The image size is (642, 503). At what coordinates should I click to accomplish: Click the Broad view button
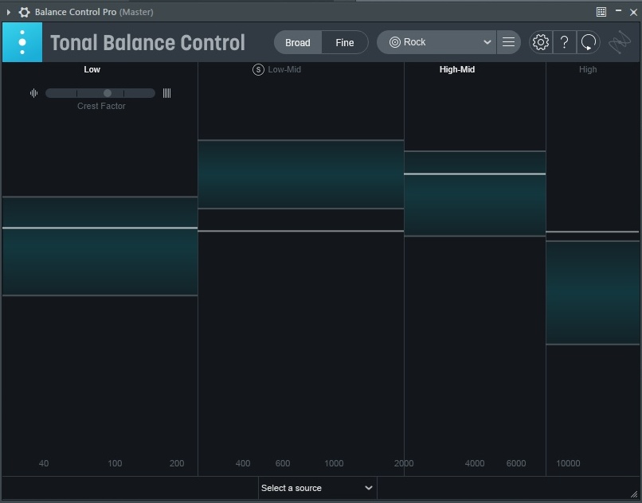tap(298, 43)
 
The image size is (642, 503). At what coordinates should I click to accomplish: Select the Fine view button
tap(345, 43)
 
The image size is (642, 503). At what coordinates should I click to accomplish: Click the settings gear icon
tap(541, 42)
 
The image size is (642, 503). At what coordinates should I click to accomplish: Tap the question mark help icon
tap(564, 42)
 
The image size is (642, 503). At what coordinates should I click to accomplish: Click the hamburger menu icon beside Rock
tap(508, 42)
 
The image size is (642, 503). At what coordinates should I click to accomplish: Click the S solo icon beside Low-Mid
tap(258, 69)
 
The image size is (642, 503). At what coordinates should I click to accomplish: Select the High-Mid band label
tap(457, 69)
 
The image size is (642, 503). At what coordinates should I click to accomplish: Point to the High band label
tap(588, 69)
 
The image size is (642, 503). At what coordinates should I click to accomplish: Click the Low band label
tap(92, 69)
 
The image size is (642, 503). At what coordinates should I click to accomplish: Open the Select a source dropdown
tap(317, 488)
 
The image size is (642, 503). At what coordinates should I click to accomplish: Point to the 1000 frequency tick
tap(334, 463)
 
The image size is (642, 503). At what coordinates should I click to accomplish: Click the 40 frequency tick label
tap(44, 463)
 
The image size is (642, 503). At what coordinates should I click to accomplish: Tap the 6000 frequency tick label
tap(516, 463)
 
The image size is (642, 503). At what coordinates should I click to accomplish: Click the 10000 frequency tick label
tap(568, 463)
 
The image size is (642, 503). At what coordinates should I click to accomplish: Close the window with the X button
tap(633, 12)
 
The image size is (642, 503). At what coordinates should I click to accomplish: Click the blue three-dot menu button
tap(22, 42)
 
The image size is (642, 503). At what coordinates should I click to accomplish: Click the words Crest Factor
tap(101, 106)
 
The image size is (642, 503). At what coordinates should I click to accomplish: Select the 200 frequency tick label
tap(177, 463)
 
